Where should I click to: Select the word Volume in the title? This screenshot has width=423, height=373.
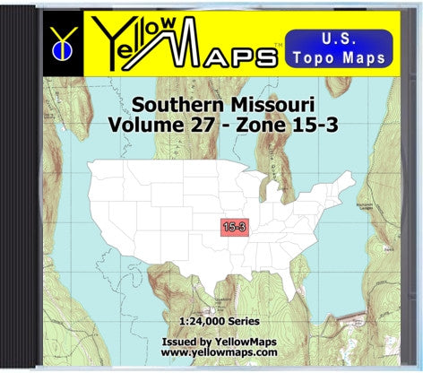click(139, 126)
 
